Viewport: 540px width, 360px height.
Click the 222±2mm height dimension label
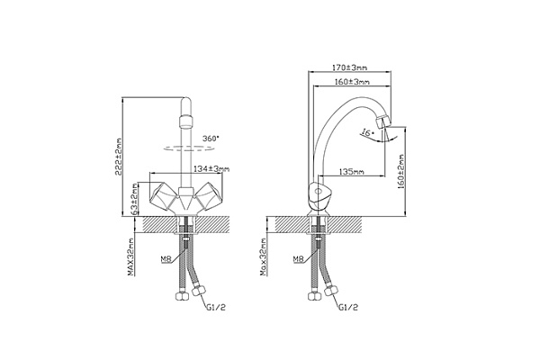click(119, 157)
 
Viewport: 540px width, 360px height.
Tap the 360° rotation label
click(211, 139)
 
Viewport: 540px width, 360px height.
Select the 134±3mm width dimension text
click(211, 169)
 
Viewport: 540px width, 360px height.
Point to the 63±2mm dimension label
click(135, 198)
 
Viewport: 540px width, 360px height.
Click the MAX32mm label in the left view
click(130, 257)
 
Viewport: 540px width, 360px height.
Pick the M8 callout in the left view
click(166, 259)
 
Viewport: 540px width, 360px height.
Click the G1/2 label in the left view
click(216, 307)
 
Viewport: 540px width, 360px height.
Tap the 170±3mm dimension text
click(349, 67)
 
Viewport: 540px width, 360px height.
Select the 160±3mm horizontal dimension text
click(352, 82)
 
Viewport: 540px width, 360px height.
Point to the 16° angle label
click(367, 132)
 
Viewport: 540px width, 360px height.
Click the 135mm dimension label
click(352, 171)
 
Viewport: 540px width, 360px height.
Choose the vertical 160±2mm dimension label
click(401, 172)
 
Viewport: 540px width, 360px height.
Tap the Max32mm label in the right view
click(264, 257)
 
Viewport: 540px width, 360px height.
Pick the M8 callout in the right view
click(299, 259)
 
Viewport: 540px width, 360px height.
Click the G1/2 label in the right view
click(348, 307)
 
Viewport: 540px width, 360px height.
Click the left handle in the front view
click(164, 196)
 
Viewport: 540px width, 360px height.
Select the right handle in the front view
click(209, 196)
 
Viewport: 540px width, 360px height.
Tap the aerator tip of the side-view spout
click(382, 122)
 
